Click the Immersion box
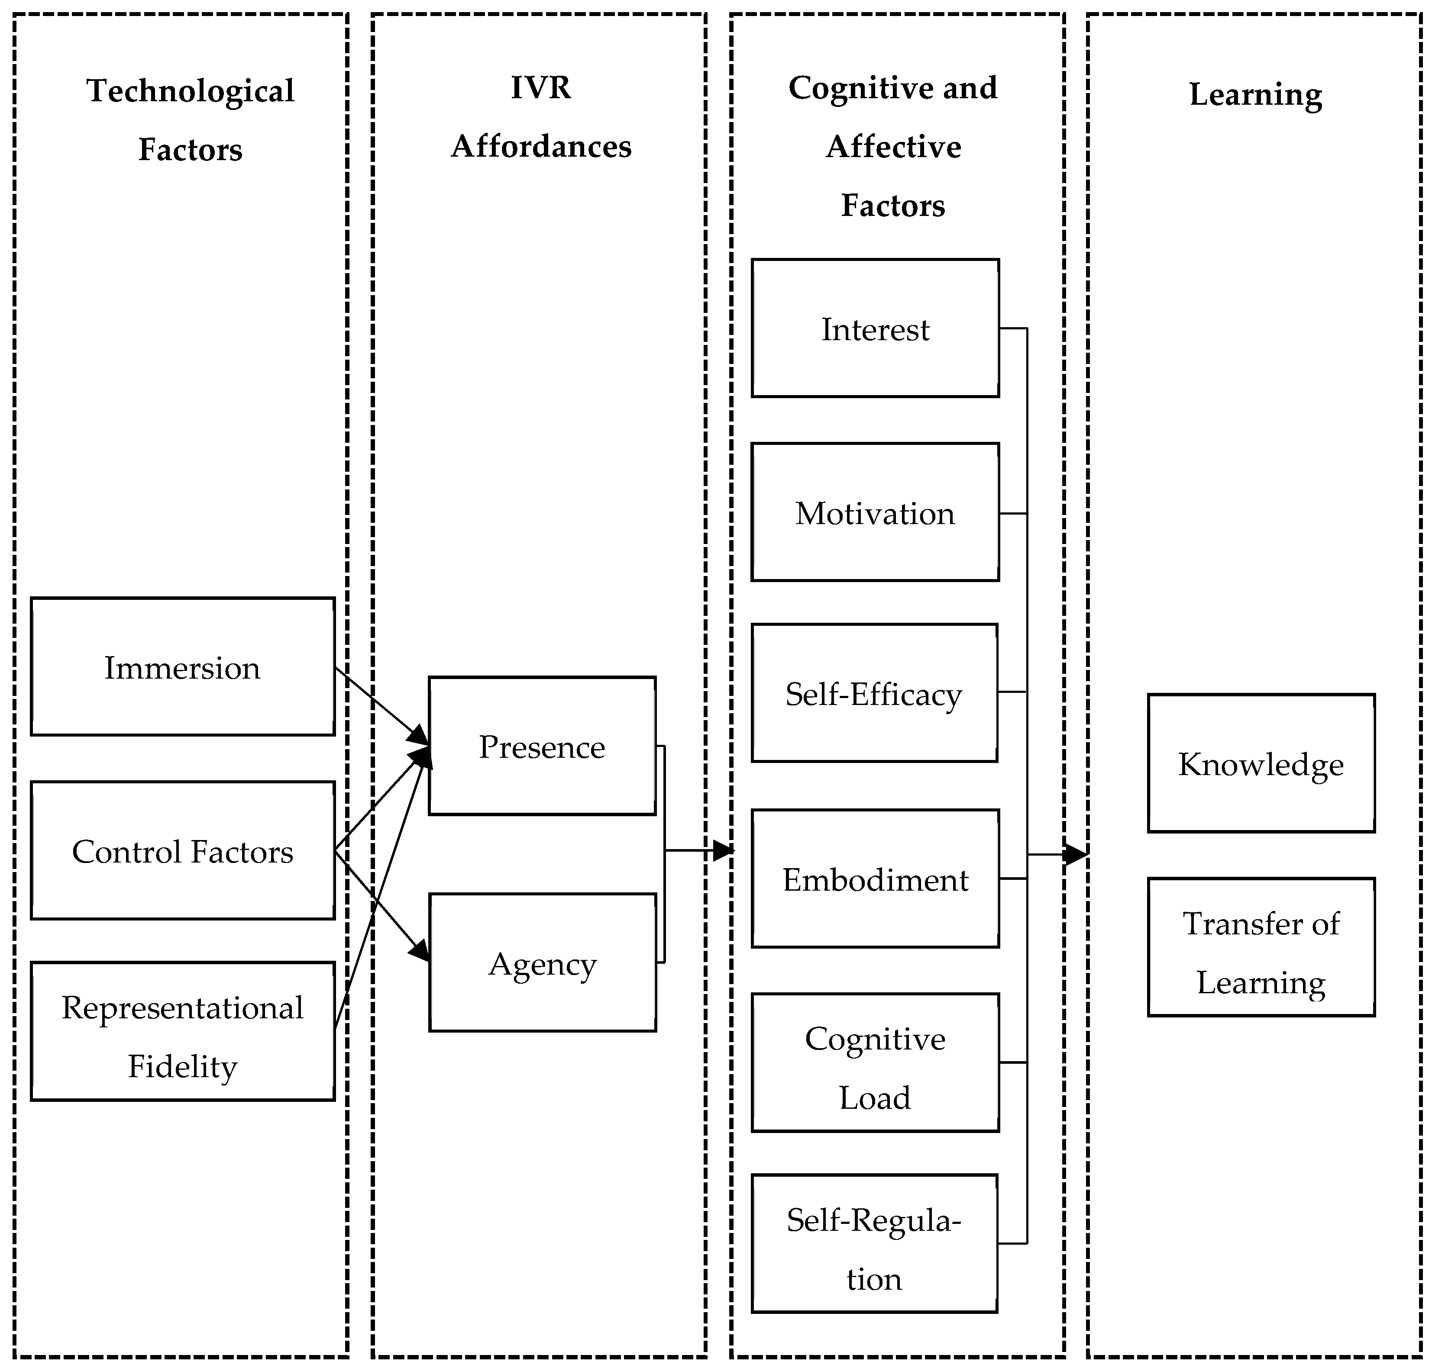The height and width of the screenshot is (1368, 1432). tap(182, 666)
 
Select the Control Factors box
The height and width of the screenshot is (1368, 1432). tap(182, 850)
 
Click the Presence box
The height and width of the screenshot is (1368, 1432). tap(542, 746)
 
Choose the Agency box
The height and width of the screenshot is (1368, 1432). tap(542, 962)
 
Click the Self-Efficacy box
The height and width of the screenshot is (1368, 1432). tap(874, 693)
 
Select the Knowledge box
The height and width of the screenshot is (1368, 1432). tap(1261, 763)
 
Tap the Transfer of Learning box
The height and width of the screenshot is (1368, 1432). tap(1261, 947)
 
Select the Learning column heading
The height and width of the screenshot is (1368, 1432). tap(1255, 94)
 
